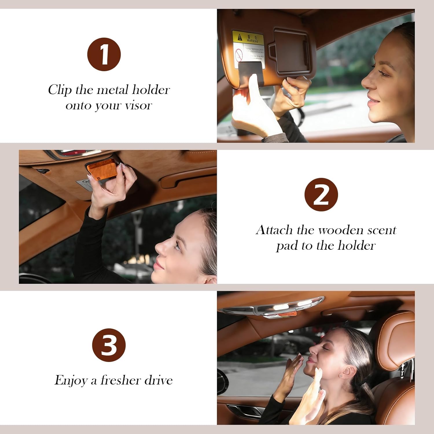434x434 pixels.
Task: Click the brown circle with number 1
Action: coord(104,54)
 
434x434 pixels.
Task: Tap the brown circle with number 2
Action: coord(321,195)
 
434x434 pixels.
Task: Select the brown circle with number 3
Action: coord(109,345)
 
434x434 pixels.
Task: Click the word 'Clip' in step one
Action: coord(60,90)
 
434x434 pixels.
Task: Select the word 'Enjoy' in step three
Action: coord(71,380)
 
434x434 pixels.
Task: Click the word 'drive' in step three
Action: coord(159,380)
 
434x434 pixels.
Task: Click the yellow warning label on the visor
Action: coord(248,38)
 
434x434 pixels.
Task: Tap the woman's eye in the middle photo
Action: coord(177,246)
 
